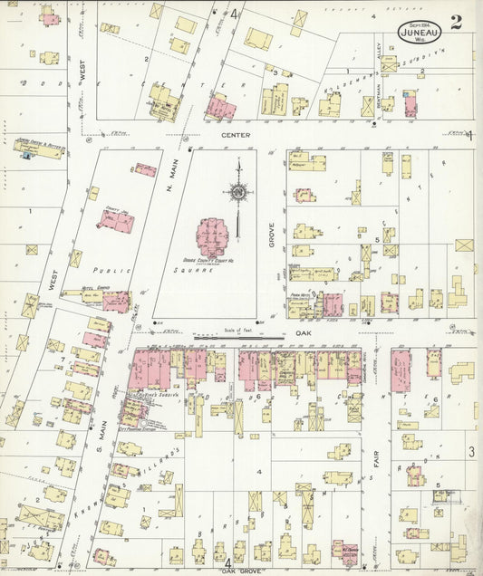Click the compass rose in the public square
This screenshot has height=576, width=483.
(x=237, y=191)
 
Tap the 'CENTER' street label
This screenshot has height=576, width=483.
(x=235, y=135)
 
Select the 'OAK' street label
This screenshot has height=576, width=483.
(x=302, y=331)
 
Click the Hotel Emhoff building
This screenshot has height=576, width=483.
(x=115, y=301)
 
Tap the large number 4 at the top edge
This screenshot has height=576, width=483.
(x=233, y=14)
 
